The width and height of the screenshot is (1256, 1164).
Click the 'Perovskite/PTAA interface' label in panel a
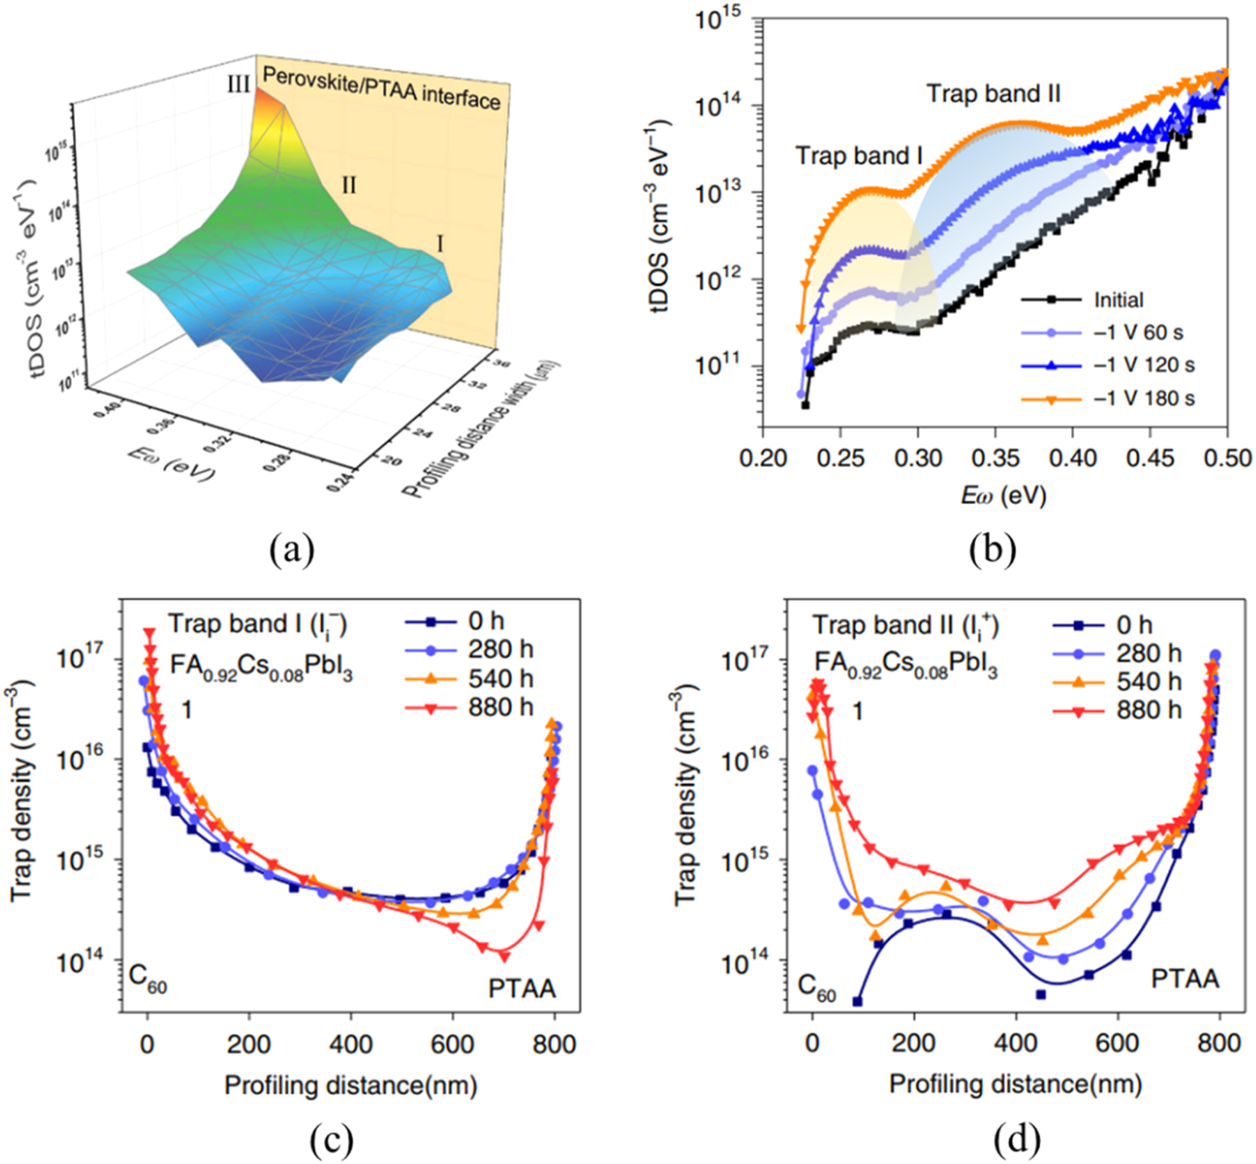(382, 87)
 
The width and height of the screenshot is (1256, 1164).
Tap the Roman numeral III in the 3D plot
(238, 84)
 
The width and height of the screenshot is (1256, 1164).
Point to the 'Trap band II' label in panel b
(993, 94)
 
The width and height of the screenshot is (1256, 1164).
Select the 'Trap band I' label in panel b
(858, 156)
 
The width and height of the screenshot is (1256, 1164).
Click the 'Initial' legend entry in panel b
(1118, 300)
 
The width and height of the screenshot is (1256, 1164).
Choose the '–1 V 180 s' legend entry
(1144, 398)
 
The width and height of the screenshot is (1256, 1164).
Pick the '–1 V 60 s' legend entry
(1138, 332)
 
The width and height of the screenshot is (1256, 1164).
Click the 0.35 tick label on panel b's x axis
(995, 458)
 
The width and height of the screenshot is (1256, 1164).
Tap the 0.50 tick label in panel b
(1228, 458)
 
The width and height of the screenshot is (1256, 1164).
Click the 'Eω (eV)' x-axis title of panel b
(1003, 495)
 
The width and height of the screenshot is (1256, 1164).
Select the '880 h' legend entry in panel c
(500, 708)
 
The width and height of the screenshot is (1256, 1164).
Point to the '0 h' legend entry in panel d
(1134, 625)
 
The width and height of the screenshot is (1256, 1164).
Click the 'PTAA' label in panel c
(522, 989)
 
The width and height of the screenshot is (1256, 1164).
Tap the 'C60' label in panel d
(816, 988)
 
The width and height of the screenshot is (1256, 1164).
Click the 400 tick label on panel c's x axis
(350, 1044)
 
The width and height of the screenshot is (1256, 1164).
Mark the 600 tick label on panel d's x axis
(1117, 1043)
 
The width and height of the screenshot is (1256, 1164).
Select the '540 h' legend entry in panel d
(1148, 682)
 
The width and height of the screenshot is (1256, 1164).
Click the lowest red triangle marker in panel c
(503, 955)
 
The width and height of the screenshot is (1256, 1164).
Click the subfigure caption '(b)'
(992, 550)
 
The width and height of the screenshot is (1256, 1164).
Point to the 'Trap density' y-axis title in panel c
(23, 791)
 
